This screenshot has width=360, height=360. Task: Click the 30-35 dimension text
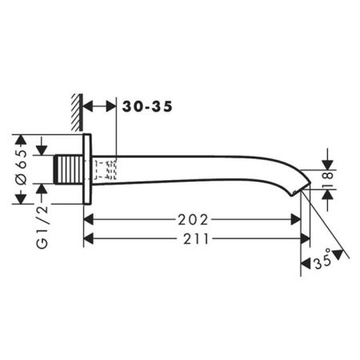point(146,106)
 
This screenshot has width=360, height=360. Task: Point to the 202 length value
point(194,219)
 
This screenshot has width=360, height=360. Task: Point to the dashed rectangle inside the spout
point(106,170)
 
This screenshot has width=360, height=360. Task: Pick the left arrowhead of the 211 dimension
point(89,238)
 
